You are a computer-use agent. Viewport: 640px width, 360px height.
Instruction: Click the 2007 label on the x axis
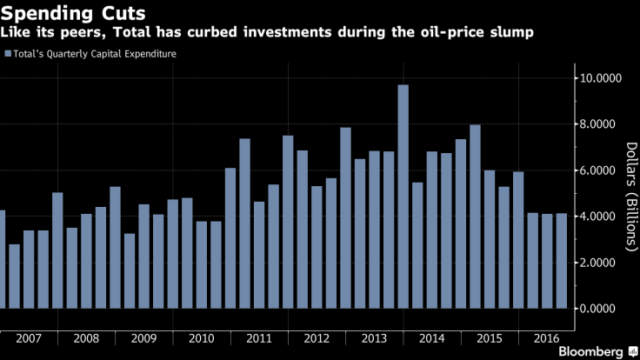point(29,338)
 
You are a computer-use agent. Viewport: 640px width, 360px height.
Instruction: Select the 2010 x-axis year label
point(202,338)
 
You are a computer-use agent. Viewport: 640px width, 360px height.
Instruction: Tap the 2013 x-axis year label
point(375,338)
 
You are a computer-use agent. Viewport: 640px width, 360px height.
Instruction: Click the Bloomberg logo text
point(584,350)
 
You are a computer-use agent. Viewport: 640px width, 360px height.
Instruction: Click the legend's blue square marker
point(8,53)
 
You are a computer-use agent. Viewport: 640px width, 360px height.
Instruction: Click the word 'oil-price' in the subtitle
point(463,33)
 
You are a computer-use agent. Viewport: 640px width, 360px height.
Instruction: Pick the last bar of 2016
point(562,261)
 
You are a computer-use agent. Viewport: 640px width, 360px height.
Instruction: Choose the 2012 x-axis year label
point(317,338)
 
